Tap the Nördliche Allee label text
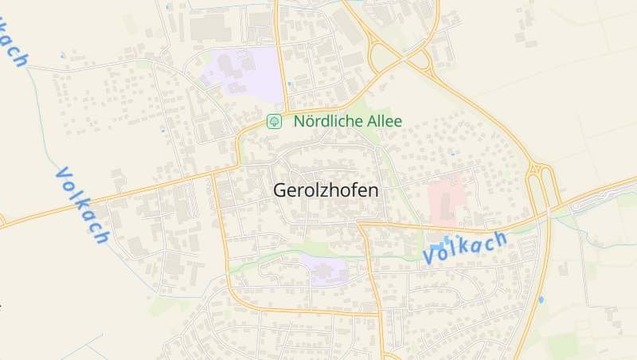[348, 121]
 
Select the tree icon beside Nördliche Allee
[274, 121]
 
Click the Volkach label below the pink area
[465, 248]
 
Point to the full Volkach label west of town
[82, 205]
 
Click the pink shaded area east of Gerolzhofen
[446, 198]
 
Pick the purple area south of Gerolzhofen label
[327, 271]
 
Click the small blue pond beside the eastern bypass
[541, 299]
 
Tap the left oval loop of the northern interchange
[385, 57]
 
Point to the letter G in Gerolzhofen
[279, 190]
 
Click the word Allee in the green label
[384, 121]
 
